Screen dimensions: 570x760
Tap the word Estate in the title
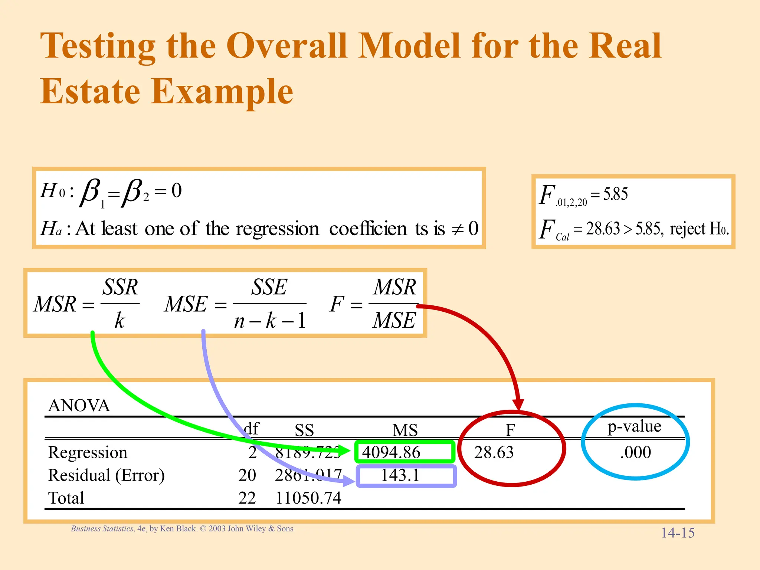coord(90,91)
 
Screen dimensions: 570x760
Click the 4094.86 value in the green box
coord(391,452)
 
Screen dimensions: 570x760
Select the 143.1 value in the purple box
coord(400,475)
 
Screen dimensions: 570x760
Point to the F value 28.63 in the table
coord(494,452)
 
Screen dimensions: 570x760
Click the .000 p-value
coord(635,452)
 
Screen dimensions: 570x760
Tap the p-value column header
coord(634,426)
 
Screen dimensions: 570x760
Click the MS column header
coord(405,430)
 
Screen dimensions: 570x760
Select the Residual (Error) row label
coord(106,475)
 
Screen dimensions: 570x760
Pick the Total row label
coord(66,498)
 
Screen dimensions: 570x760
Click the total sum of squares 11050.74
coord(308,498)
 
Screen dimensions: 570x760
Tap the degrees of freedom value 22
coord(247,498)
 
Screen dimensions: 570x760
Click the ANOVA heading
coord(79,406)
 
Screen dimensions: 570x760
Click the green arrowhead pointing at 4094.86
coord(344,451)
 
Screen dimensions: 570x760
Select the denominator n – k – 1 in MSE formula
coord(270,320)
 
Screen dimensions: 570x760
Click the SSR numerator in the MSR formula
coord(120,287)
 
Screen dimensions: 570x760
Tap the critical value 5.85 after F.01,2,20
coord(615,194)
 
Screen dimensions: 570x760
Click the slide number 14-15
coord(678,533)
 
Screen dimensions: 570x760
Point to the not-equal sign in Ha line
coord(458,229)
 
